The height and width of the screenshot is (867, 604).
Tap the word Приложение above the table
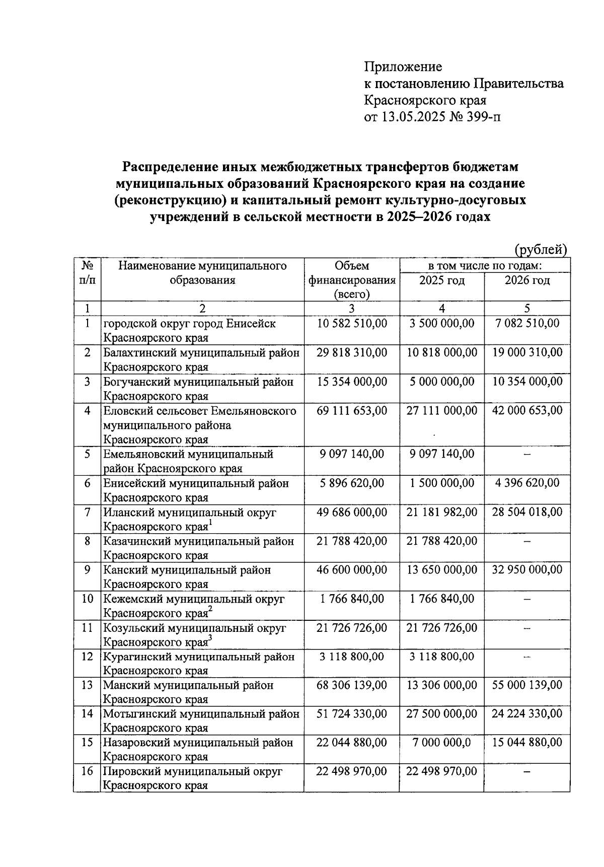pyautogui.click(x=403, y=66)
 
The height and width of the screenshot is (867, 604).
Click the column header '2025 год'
pyautogui.click(x=441, y=280)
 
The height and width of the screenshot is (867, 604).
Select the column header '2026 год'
pyautogui.click(x=527, y=280)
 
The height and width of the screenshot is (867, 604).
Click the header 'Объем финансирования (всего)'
pyautogui.click(x=351, y=280)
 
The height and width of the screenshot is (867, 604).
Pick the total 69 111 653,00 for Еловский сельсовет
pyautogui.click(x=351, y=411)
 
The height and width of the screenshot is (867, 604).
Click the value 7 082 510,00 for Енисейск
pyautogui.click(x=527, y=323)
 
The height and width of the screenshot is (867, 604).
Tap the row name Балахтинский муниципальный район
pyautogui.click(x=201, y=352)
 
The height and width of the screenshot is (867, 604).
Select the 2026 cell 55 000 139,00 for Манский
pyautogui.click(x=527, y=685)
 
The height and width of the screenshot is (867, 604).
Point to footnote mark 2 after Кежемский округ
pyautogui.click(x=211, y=609)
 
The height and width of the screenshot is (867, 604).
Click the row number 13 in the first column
pyautogui.click(x=87, y=685)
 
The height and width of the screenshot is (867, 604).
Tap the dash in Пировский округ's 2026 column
pyautogui.click(x=527, y=772)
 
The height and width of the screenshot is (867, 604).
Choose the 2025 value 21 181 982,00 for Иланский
pyautogui.click(x=441, y=512)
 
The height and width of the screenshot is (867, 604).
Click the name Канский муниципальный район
pyautogui.click(x=187, y=570)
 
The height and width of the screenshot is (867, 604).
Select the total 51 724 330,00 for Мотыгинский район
pyautogui.click(x=351, y=714)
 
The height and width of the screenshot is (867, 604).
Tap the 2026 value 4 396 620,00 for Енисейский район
pyautogui.click(x=527, y=483)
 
